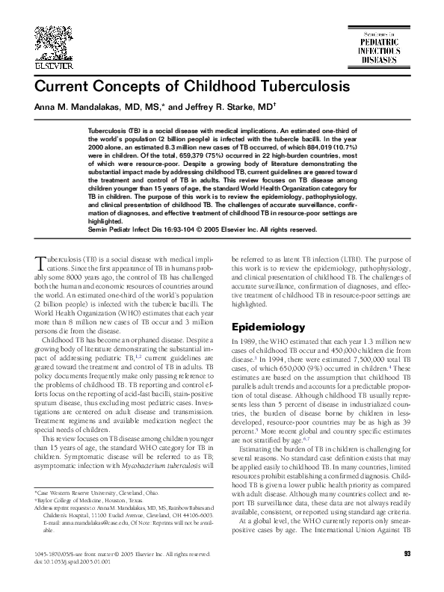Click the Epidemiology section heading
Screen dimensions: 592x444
[x=267, y=327]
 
